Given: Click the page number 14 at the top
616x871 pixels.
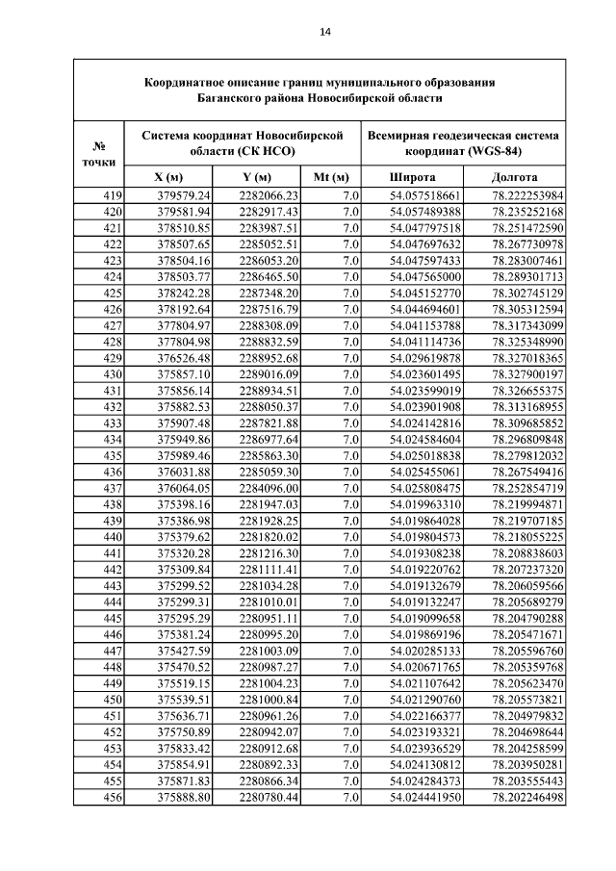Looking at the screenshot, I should tap(325, 32).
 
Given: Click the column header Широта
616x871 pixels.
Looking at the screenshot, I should tap(412, 178).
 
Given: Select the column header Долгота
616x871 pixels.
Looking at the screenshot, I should tap(514, 178).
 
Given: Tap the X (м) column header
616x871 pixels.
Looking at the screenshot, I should tap(168, 178).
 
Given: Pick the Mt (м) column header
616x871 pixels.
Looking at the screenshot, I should tap(331, 178).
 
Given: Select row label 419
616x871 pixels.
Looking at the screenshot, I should tap(112, 196).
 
